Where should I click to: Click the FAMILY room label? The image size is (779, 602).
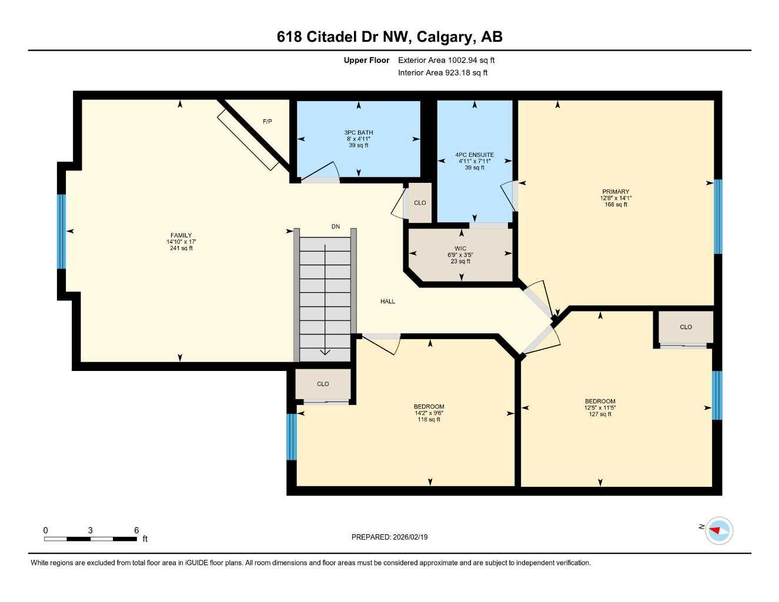click(181, 235)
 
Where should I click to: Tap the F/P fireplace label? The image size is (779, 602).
click(267, 122)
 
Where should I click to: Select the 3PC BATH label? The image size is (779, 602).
click(358, 133)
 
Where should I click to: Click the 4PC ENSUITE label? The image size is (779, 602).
click(474, 155)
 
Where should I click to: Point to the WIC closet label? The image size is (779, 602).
click(460, 249)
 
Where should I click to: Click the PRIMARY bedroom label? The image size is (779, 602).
click(616, 192)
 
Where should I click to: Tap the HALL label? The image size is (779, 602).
click(387, 302)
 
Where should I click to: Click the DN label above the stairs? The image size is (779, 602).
click(336, 226)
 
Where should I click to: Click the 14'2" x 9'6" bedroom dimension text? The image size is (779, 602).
click(429, 413)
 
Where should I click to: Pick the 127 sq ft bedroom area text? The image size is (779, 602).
click(600, 414)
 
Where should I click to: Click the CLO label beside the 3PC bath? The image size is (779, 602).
click(420, 203)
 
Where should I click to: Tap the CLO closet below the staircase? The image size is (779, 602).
click(323, 384)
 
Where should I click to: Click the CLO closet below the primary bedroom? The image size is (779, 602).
click(686, 327)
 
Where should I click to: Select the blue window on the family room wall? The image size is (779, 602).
click(61, 231)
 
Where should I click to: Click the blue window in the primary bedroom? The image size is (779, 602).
click(717, 216)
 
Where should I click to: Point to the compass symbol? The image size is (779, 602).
click(718, 531)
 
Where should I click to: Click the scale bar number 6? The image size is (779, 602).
click(136, 530)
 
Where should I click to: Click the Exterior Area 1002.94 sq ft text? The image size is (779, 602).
click(446, 60)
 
